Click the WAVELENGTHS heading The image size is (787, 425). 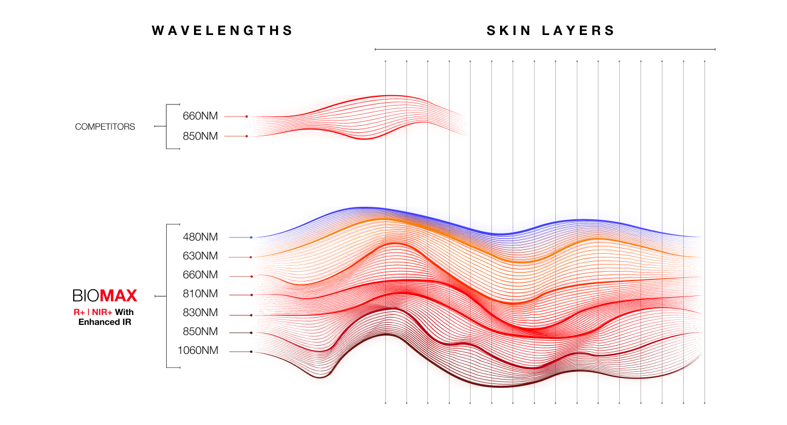[222, 31]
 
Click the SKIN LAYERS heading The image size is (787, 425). [550, 31]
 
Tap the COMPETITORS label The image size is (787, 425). [105, 126]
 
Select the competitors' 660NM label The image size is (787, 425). [200, 116]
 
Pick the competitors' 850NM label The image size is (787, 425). [200, 136]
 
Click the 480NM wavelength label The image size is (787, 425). [200, 237]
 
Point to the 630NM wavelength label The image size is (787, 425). [200, 256]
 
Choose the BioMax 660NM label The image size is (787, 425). [200, 275]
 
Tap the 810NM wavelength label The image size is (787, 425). [200, 294]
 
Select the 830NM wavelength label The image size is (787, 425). [200, 312]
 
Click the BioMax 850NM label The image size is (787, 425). [200, 331]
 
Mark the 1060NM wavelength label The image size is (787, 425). [198, 351]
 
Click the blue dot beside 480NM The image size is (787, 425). [251, 237]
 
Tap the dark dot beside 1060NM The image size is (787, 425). [251, 352]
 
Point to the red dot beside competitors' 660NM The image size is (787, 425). [246, 117]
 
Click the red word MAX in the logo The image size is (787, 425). [119, 295]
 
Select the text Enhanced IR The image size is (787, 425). [105, 322]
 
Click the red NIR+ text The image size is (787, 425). [102, 312]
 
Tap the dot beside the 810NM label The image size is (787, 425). [251, 295]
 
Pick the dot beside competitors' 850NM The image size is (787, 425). [246, 136]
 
